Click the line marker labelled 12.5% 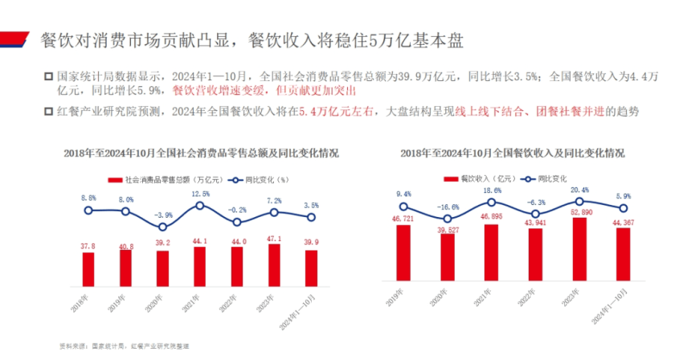pyautogui.click(x=200, y=205)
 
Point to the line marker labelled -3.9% pyautogui.click(x=162, y=227)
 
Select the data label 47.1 pyautogui.click(x=274, y=239)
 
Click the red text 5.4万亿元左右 pyautogui.click(x=333, y=112)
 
